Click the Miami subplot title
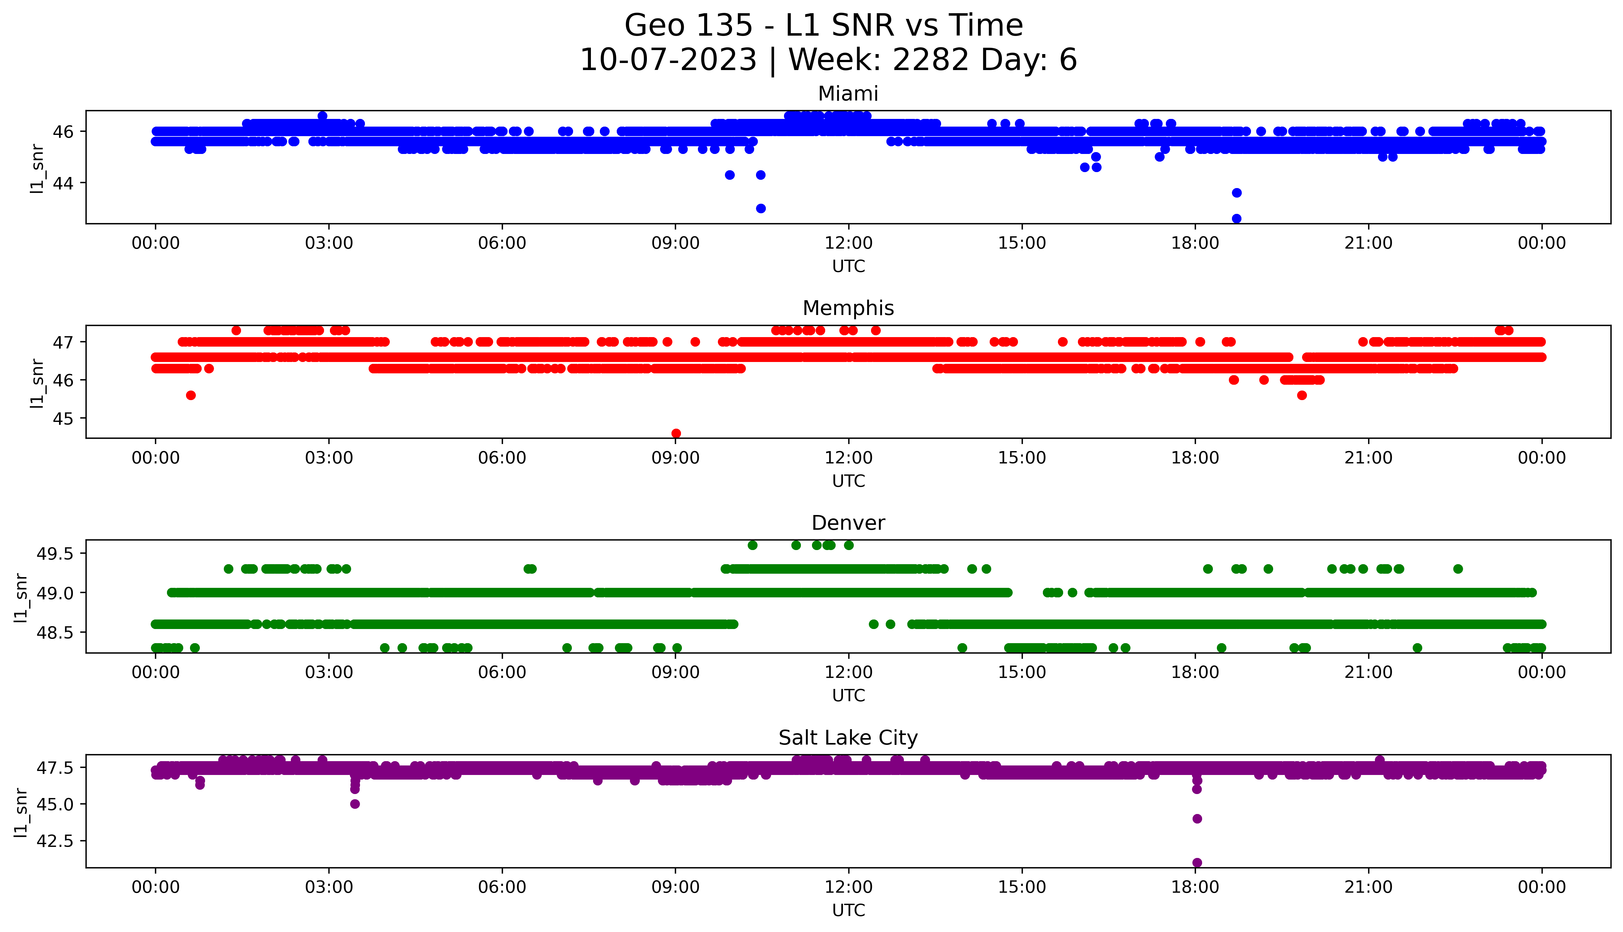pos(848,94)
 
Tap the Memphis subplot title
pos(848,309)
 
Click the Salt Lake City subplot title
pos(848,738)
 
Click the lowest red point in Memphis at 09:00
pos(675,433)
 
